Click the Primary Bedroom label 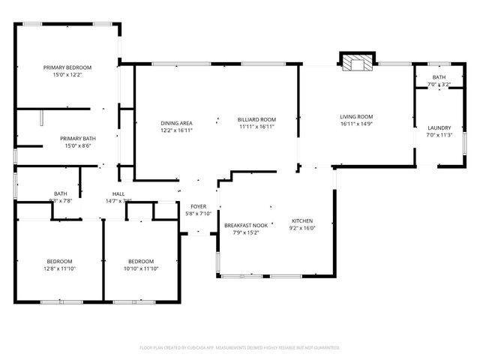[x=67, y=67]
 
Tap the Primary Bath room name [x=78, y=138]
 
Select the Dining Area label [x=176, y=122]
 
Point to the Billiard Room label [x=256, y=119]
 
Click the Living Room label [x=356, y=116]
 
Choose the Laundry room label [x=439, y=127]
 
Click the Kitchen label [x=302, y=220]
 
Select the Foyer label [x=198, y=206]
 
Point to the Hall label [x=118, y=193]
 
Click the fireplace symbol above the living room [x=357, y=63]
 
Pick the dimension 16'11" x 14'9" [x=356, y=124]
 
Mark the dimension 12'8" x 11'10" [x=60, y=268]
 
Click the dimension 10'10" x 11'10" [x=140, y=268]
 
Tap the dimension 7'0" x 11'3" [x=439, y=135]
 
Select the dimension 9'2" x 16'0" [x=302, y=228]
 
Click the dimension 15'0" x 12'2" [x=67, y=75]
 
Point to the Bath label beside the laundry [x=439, y=77]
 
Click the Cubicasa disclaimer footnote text [x=240, y=347]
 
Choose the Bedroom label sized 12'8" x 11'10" [x=60, y=260]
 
